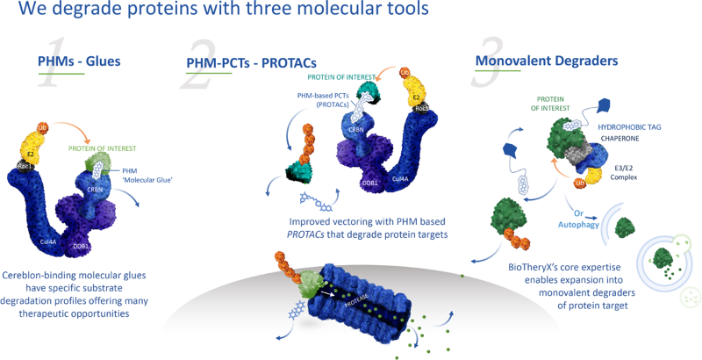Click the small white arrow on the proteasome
[x=324, y=297]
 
